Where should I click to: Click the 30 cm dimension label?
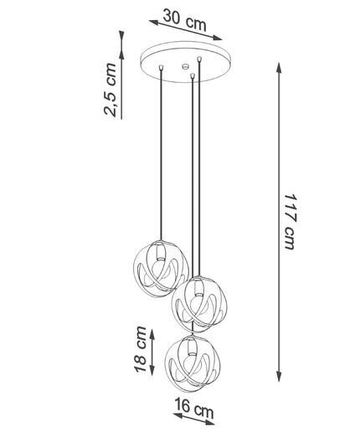click(185, 20)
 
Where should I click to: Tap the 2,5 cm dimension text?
click(110, 90)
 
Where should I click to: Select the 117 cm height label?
click(290, 222)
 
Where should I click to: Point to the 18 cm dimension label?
click(141, 349)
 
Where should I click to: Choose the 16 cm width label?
click(194, 408)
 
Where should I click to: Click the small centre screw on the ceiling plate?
click(185, 66)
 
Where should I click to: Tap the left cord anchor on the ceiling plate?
click(161, 67)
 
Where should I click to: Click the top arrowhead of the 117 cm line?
click(279, 68)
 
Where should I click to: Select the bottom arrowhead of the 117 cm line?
click(279, 376)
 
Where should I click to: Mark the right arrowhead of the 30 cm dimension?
click(217, 38)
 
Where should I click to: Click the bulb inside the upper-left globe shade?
click(159, 270)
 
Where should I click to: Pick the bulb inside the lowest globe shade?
click(191, 363)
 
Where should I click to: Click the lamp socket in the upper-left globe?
click(160, 252)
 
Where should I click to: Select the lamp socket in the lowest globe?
click(192, 346)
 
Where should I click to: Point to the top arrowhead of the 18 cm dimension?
click(152, 335)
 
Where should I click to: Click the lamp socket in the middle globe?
click(198, 288)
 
